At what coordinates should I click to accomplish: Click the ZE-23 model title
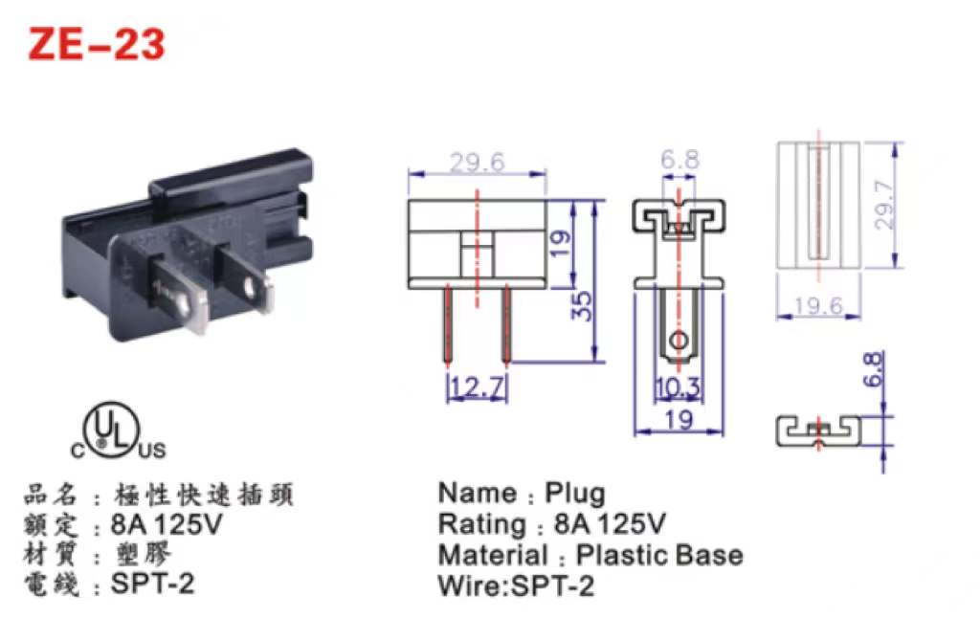[97, 43]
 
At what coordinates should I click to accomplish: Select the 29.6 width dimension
[478, 162]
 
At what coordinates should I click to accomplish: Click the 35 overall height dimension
[583, 304]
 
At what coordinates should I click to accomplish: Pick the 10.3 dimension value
[679, 387]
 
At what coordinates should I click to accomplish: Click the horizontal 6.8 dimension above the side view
[679, 160]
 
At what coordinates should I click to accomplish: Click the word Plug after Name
[575, 494]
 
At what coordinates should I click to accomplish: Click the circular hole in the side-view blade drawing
[679, 340]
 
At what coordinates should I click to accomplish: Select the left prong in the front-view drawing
[447, 325]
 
